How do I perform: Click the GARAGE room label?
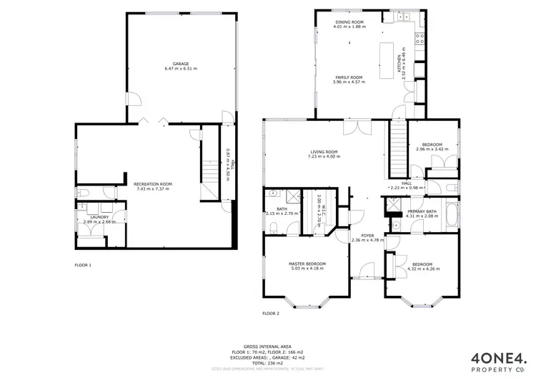(x=176, y=64)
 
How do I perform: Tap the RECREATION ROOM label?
(x=152, y=184)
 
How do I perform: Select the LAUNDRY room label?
(x=98, y=217)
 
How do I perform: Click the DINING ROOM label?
(x=349, y=22)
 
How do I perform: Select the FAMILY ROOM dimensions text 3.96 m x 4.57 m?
(x=349, y=82)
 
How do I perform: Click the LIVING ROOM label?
(x=323, y=152)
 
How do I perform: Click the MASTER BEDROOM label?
(x=307, y=264)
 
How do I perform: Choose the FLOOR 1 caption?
(x=83, y=265)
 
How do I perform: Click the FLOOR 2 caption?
(x=270, y=313)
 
